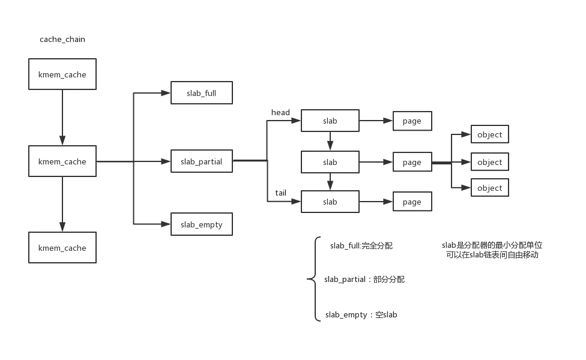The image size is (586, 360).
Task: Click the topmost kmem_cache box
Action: click(x=62, y=75)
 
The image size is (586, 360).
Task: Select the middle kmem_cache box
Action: click(x=62, y=161)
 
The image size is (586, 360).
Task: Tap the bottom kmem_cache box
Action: click(x=62, y=248)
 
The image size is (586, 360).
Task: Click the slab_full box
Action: click(x=202, y=94)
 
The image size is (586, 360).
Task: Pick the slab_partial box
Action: click(x=202, y=161)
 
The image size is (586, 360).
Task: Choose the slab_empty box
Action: click(x=202, y=224)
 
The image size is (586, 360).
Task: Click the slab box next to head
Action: click(x=330, y=121)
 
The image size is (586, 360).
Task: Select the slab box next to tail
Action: click(x=330, y=202)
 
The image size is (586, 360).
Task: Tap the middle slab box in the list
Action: click(x=330, y=162)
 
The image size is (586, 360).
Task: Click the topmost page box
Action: click(x=412, y=121)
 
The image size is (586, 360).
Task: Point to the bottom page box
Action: click(x=412, y=202)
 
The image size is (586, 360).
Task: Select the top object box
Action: click(x=489, y=134)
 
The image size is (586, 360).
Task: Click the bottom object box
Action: click(x=489, y=188)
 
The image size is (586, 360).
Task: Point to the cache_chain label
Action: click(x=62, y=40)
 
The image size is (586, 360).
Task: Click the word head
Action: click(x=280, y=113)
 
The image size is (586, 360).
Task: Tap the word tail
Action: click(x=280, y=193)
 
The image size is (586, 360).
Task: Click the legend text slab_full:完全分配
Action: click(x=361, y=246)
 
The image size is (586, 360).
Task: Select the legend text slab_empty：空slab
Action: click(x=361, y=314)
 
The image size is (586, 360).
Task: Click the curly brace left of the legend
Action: click(x=312, y=278)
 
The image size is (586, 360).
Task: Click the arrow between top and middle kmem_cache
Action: click(x=62, y=118)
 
